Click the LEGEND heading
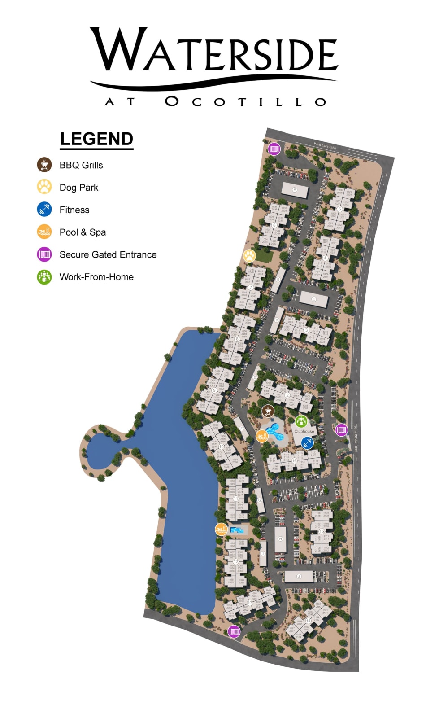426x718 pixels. (96, 139)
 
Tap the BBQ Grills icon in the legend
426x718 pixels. (44, 165)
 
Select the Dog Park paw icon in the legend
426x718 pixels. (44, 187)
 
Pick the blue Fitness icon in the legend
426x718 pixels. (44, 209)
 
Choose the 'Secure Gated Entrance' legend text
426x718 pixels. (108, 254)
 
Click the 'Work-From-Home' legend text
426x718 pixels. (96, 277)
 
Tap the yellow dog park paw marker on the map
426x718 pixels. (249, 256)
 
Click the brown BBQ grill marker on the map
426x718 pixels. (268, 411)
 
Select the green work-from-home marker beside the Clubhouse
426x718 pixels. (301, 421)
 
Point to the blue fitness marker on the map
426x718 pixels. (307, 443)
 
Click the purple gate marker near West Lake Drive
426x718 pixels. (274, 149)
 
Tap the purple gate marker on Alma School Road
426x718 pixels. (341, 429)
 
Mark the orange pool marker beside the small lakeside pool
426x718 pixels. (221, 530)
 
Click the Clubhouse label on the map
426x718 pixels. (304, 431)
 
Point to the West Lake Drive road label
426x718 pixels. (325, 146)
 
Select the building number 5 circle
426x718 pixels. (339, 209)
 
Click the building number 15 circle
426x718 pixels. (322, 531)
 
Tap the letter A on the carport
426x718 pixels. (295, 190)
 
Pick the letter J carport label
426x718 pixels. (299, 576)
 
